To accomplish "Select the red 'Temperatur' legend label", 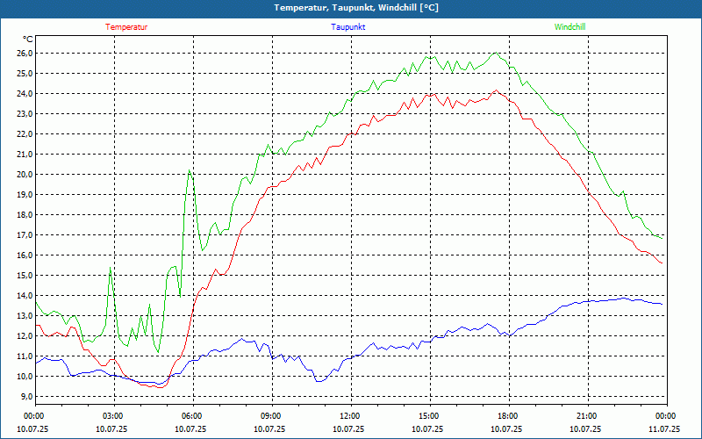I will pos(126,27).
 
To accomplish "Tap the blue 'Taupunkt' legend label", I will pos(348,27).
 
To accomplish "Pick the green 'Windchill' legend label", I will pos(569,27).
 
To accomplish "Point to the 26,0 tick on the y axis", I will pos(24,54).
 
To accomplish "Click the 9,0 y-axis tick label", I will pos(24,397).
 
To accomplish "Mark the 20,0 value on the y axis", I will pos(24,175).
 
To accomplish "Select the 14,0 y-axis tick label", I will pos(24,296).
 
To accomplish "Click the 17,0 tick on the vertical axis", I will pos(24,235).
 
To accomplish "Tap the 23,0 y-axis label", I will pos(24,114).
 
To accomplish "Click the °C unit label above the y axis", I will pos(28,40).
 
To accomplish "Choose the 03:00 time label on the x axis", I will pos(113,416).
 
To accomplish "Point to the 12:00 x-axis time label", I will pos(350,416).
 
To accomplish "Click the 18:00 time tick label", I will pos(508,416).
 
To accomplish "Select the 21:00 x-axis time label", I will pos(587,416).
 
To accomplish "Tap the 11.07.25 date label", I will pos(664,429).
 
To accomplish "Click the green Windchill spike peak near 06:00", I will pos(190,170).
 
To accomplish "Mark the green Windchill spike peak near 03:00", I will pos(111,268).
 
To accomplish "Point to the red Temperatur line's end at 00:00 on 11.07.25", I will pos(662,263).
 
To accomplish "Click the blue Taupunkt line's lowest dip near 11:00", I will pos(319,381).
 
